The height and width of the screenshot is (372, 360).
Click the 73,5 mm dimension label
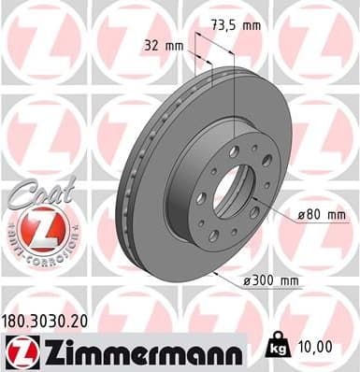[x=235, y=25]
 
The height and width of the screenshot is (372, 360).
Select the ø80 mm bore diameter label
[x=321, y=214]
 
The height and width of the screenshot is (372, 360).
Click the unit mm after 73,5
[x=252, y=25]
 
